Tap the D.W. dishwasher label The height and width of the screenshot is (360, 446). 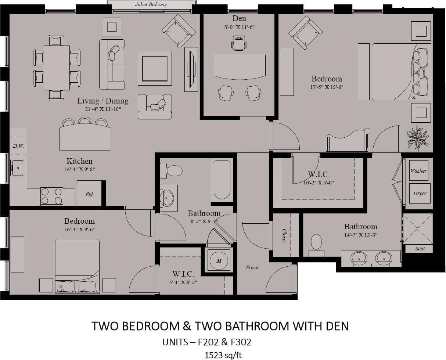pos(18,146)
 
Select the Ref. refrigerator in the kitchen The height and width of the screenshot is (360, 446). pos(89,193)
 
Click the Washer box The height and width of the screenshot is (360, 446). pos(418,170)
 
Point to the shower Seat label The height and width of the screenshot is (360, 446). pos(420,249)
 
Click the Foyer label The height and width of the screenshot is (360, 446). pos(252,267)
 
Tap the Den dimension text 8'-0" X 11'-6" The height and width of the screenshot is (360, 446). pos(239,27)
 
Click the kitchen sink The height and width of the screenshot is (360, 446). pos(17,168)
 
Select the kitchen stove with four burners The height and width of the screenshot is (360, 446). pos(51,196)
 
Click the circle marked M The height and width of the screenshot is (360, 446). pos(219,260)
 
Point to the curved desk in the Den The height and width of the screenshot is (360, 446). pos(239,66)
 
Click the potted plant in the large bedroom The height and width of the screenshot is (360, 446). pos(418,138)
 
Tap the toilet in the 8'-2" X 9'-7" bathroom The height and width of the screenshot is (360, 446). pos(171,170)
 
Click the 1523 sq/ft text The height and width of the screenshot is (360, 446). pos(223,355)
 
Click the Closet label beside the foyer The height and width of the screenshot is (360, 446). pos(284,235)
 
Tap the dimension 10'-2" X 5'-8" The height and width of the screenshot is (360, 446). pos(319,183)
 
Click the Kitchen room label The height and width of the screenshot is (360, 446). pos(79,161)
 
